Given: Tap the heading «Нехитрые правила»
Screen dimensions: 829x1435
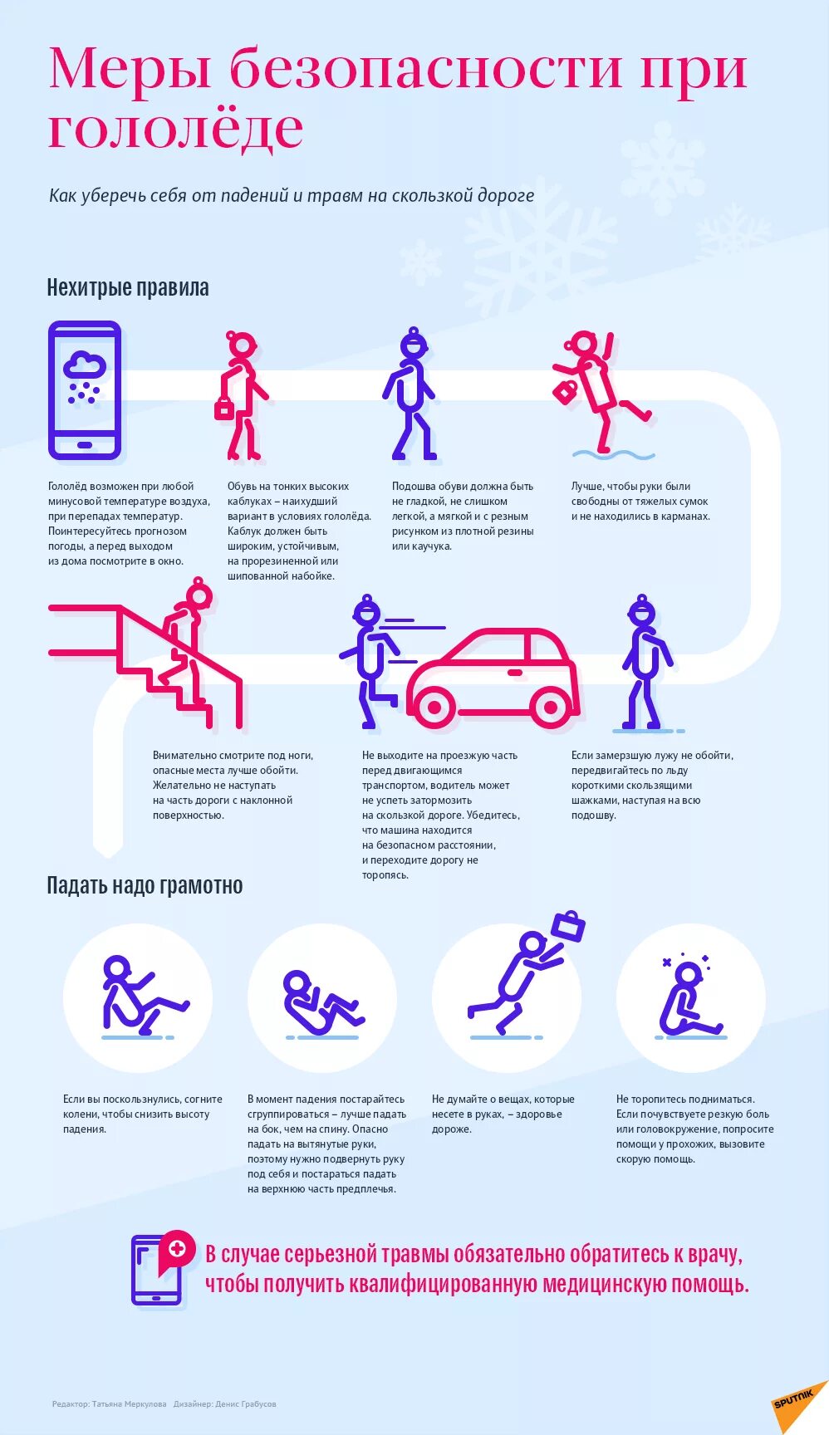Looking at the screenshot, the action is pos(128,288).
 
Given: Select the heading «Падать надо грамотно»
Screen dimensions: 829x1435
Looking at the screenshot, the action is pos(145,885).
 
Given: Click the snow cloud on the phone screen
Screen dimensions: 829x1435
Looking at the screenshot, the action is pos(84,366).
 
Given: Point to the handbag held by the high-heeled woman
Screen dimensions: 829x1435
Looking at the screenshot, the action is pos(224,408).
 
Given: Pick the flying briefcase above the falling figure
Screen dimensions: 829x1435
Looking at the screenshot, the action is pos(569,926).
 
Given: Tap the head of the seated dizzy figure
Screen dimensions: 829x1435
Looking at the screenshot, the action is pos(689,975).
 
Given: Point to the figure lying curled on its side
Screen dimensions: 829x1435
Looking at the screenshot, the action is pos(320,1002).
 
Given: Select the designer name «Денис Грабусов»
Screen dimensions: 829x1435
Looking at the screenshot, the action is pos(246,1404).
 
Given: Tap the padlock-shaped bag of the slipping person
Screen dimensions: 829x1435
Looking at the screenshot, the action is pos(566,390).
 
